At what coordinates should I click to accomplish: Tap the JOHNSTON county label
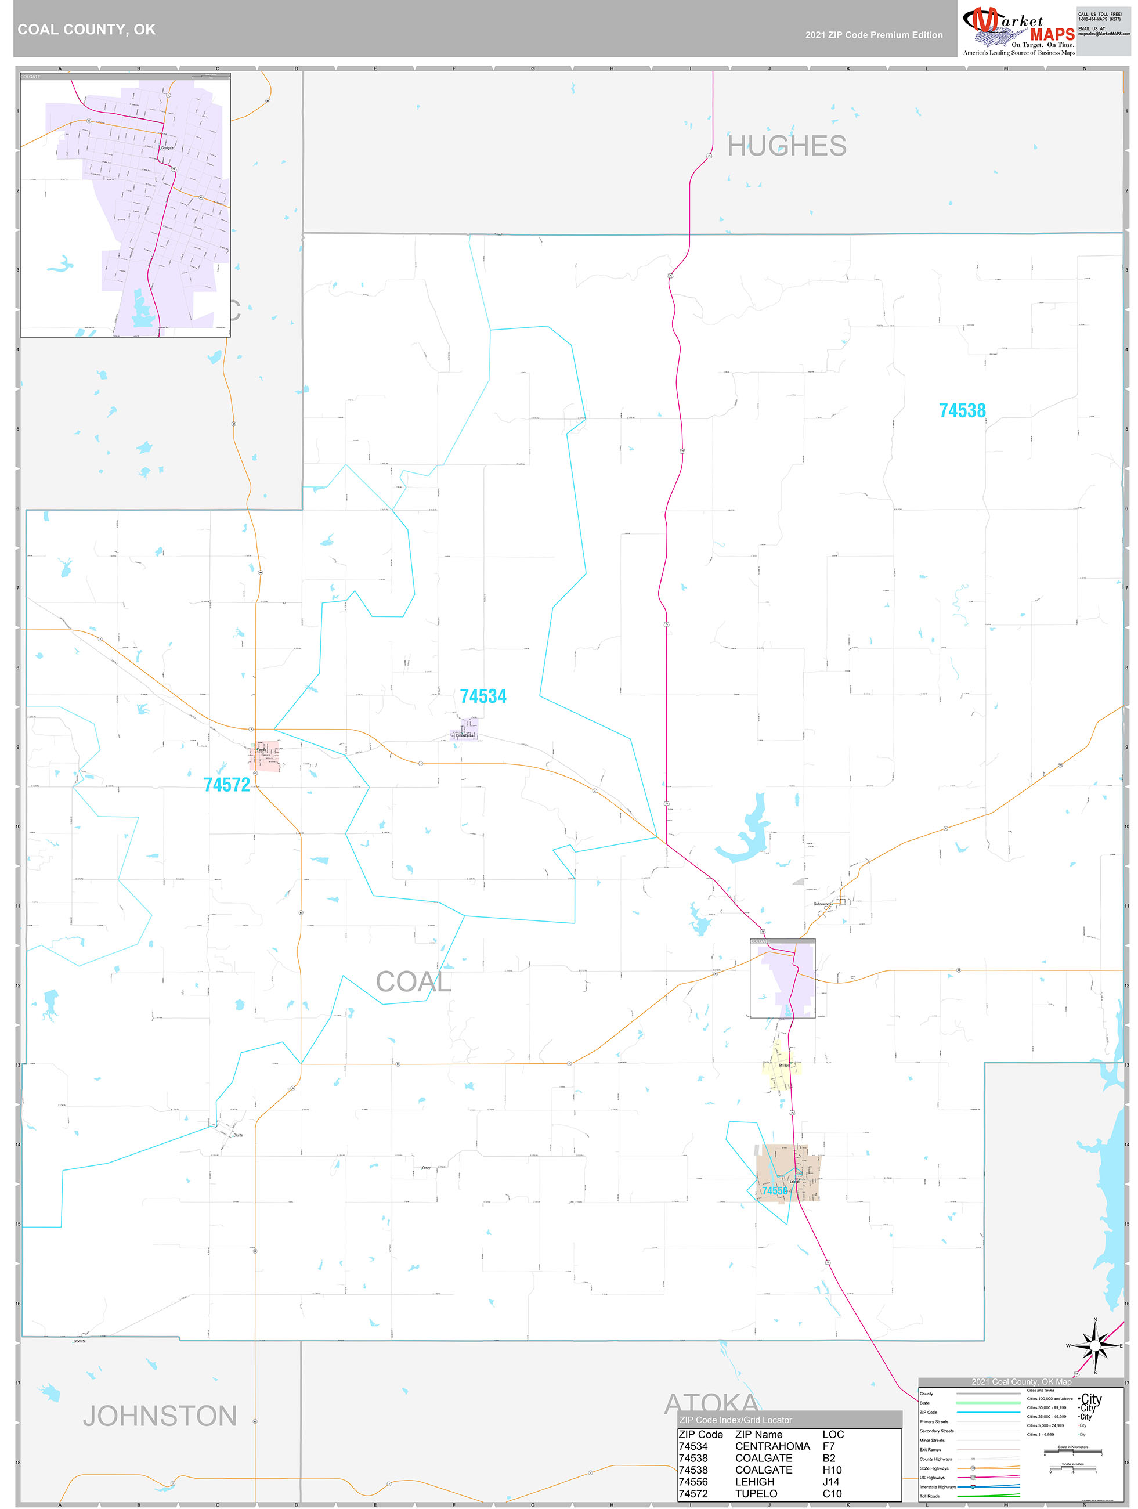[160, 1416]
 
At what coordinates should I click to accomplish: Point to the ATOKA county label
[711, 1403]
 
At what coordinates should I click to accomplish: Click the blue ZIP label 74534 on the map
[483, 696]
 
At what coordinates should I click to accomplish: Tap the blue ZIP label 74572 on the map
[226, 785]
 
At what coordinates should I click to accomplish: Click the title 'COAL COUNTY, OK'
[86, 30]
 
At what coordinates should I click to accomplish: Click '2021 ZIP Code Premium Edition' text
[873, 35]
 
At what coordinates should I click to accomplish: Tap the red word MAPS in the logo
[1052, 34]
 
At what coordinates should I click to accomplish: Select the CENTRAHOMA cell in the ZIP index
[772, 1446]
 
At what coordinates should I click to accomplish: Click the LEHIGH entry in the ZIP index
[754, 1481]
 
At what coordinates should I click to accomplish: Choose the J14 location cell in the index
[832, 1481]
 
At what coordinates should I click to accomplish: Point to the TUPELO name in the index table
[756, 1493]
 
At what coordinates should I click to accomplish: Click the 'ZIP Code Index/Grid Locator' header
[735, 1420]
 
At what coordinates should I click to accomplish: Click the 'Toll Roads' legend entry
[930, 1496]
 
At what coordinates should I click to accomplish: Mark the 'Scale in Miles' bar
[1072, 1470]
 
